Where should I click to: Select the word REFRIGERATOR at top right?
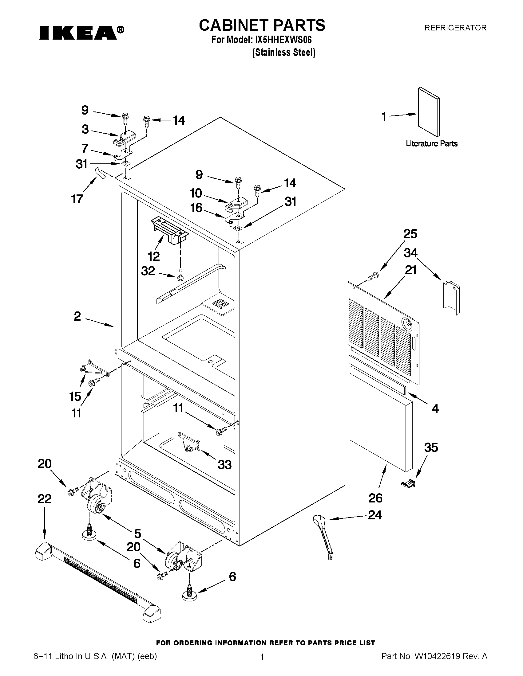tap(455, 28)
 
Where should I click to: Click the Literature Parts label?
tap(432, 144)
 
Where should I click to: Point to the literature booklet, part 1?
tap(429, 112)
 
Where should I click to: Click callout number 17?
tap(77, 199)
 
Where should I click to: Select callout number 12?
tap(153, 256)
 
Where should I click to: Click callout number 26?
tap(375, 498)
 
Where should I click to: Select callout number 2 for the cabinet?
tap(77, 316)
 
